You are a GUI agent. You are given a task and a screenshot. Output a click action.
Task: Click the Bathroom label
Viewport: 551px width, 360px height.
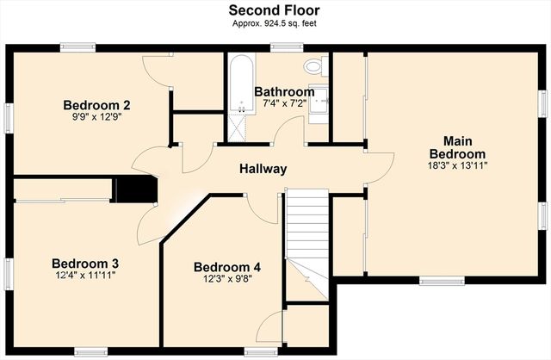pos(283,91)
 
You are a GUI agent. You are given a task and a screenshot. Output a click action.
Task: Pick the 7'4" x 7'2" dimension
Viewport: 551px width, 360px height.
pos(283,103)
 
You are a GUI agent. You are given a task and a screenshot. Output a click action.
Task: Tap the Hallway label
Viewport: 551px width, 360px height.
pos(263,169)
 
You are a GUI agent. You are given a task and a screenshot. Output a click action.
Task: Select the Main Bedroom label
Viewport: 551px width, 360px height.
pos(458,146)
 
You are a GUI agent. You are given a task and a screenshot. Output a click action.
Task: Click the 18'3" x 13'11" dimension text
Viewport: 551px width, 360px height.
pos(458,165)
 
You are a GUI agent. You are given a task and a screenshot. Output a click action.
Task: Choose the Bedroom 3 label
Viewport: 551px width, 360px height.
pos(84,263)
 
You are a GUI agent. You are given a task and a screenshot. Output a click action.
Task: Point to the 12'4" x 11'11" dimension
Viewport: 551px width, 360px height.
pos(84,276)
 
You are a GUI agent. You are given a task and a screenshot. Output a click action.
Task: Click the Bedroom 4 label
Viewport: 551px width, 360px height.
pos(226,267)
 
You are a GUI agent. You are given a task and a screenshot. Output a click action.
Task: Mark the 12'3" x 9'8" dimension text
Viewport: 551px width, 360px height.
pos(226,280)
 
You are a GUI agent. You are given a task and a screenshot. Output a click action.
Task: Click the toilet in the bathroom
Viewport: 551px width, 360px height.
pos(313,65)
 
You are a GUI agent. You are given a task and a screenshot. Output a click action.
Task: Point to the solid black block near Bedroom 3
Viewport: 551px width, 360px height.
pos(136,189)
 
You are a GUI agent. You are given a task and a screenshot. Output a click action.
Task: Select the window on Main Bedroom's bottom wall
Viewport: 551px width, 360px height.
pos(438,280)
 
